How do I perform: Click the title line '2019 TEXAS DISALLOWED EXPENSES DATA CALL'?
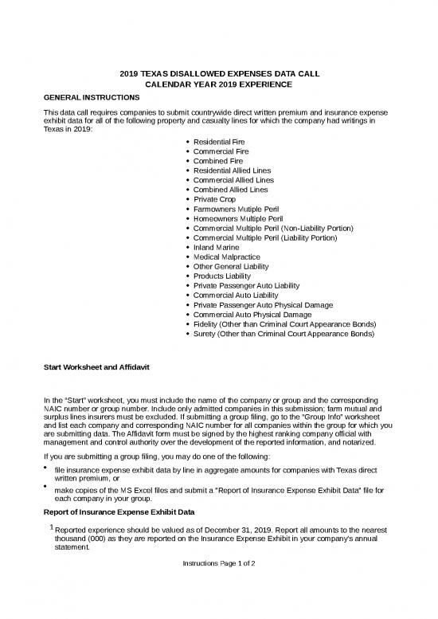pyautogui.click(x=219, y=72)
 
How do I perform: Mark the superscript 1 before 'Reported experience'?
pyautogui.click(x=51, y=527)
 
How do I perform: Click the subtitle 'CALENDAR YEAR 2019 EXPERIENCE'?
pyautogui.click(x=219, y=84)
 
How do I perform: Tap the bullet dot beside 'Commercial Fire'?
pyautogui.click(x=186, y=151)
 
